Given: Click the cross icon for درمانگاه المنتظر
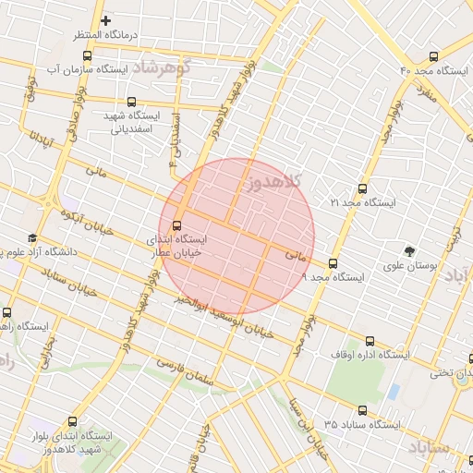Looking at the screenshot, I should click(106, 20).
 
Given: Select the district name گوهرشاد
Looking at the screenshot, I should click(160, 67).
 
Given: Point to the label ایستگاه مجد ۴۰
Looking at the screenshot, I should click(435, 71).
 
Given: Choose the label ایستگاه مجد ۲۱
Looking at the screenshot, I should click(362, 201).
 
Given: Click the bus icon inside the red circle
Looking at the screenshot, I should click(177, 224).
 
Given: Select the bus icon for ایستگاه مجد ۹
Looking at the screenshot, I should click(334, 263).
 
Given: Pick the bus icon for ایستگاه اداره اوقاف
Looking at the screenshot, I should click(370, 341).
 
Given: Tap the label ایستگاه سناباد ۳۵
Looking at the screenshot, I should click(362, 425).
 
